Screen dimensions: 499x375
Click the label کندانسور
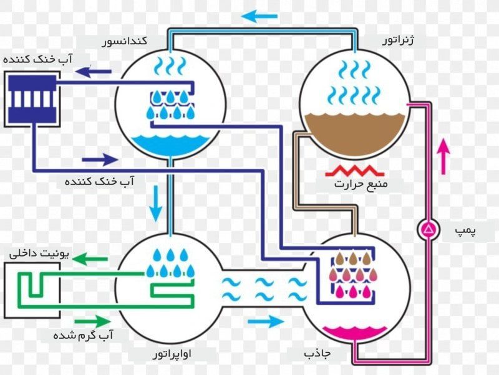[124, 41]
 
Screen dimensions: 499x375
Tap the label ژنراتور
[398, 40]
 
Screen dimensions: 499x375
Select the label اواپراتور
[172, 353]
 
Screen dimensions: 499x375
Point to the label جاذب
[317, 353]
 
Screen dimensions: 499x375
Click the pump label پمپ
[465, 230]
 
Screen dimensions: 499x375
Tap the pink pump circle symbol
[429, 229]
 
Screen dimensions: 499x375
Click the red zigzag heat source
[355, 171]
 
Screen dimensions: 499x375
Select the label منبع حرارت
[361, 184]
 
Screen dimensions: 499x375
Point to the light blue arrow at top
[259, 16]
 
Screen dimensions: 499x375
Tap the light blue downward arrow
[156, 204]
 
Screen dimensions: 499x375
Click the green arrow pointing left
[90, 259]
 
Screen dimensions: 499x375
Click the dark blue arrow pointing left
[94, 72]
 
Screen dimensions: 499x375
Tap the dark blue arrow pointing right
[100, 160]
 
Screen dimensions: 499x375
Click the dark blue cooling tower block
[32, 99]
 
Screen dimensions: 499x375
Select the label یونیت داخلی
[39, 254]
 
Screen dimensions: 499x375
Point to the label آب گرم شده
[83, 336]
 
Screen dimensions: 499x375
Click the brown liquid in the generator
[355, 133]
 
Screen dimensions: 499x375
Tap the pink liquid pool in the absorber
[355, 333]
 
